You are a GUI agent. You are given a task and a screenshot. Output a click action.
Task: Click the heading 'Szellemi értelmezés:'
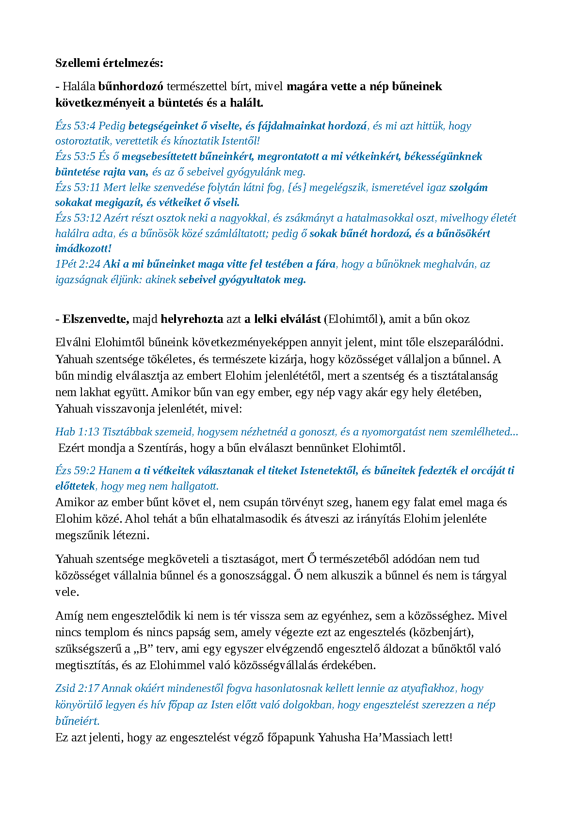coord(109,63)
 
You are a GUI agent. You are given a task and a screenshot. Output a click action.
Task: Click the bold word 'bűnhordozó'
coord(130,86)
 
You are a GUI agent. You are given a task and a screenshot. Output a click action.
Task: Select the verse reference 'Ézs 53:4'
coord(75,126)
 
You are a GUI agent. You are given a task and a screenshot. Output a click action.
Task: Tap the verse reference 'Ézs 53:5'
coord(75,157)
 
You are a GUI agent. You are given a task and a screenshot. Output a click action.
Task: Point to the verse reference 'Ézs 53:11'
coord(78,188)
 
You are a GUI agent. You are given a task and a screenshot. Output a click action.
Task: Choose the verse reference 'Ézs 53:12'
coord(78,218)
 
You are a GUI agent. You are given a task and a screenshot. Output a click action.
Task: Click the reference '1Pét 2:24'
coord(78,264)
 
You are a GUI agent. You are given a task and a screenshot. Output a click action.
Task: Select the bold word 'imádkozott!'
coord(83,249)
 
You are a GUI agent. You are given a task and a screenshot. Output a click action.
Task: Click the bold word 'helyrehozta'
coord(192,319)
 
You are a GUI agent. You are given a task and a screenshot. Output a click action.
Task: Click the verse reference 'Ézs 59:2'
coord(75,471)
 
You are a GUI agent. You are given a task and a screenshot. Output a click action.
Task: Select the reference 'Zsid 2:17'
coord(77,688)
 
